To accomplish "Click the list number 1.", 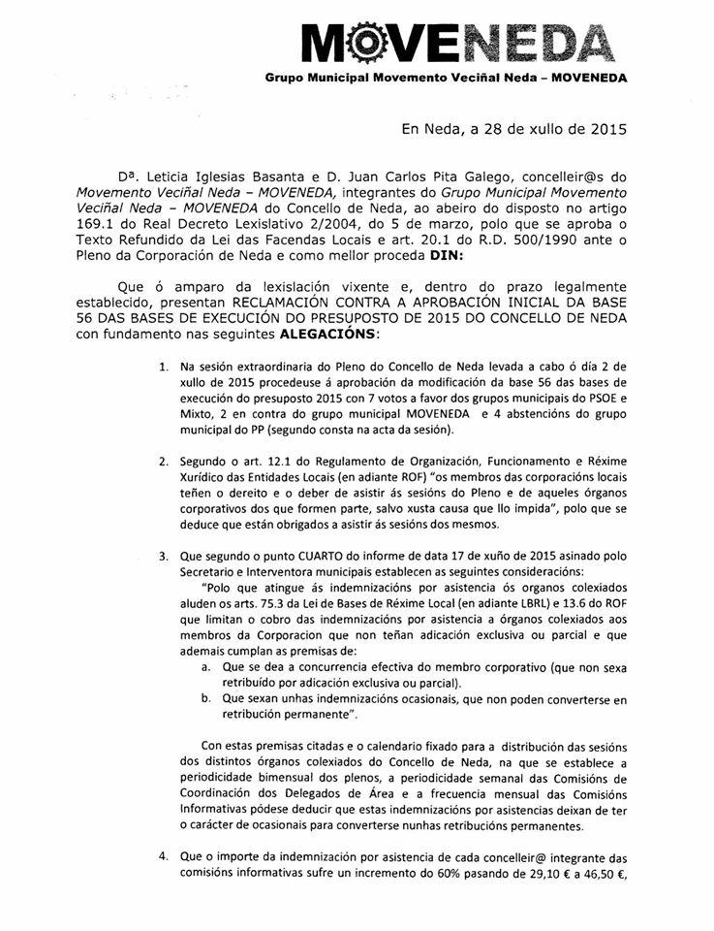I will click(x=163, y=396).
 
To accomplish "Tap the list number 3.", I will click(x=163, y=558).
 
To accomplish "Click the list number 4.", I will click(x=163, y=856).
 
